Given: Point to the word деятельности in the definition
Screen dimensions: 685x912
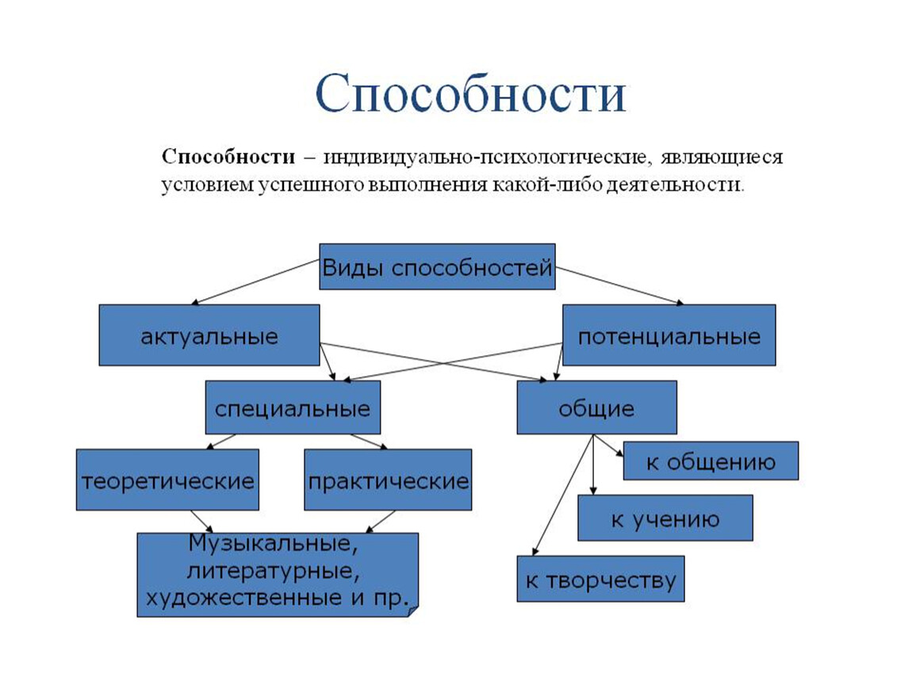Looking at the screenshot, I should (678, 186).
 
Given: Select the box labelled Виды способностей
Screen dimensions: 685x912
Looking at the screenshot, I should (437, 267).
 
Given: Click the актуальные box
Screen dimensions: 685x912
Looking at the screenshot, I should (209, 335).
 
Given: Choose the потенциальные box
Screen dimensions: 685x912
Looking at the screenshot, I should (669, 335).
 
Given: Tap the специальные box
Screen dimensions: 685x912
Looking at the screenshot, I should (293, 408).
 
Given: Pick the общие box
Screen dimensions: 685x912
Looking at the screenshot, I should (596, 408).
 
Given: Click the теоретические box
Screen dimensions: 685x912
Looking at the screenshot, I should (167, 480).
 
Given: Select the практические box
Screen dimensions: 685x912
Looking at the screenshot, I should (388, 480).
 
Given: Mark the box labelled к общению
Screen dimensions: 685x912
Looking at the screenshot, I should (711, 461).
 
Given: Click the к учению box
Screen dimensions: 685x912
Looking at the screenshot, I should (665, 519).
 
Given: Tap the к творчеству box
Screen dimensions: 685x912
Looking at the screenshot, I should (600, 580).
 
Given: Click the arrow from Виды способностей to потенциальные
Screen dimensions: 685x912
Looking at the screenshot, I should (619, 285).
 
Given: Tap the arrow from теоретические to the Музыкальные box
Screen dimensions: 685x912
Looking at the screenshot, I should (201, 521).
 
